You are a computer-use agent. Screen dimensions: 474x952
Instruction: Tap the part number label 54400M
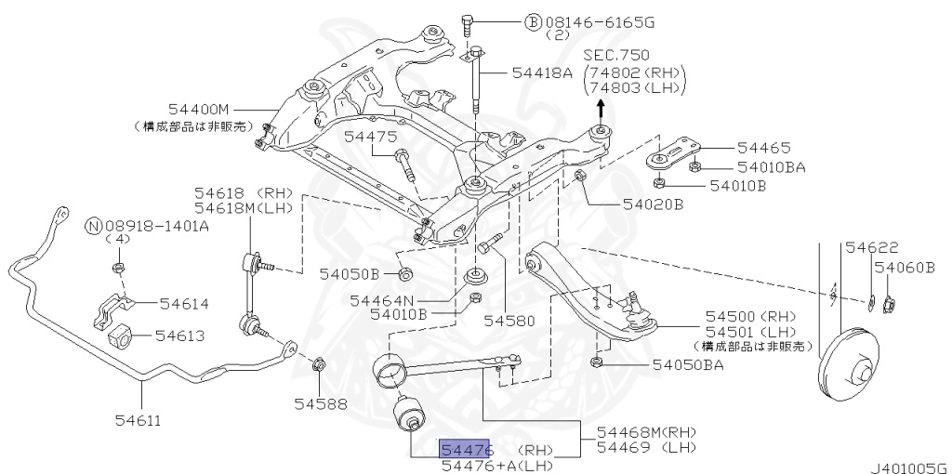[x=198, y=110]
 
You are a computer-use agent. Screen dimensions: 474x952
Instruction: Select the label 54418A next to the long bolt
[x=542, y=72]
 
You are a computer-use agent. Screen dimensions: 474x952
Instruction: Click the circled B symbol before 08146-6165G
[x=533, y=20]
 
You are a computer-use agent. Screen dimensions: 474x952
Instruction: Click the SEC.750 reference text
[x=616, y=56]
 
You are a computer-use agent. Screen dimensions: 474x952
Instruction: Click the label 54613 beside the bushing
[x=180, y=336]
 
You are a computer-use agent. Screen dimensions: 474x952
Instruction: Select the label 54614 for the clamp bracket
[x=184, y=304]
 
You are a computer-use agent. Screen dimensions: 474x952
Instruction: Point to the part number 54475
[x=370, y=137]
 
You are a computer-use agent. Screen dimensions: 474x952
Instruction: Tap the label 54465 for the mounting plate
[x=764, y=147]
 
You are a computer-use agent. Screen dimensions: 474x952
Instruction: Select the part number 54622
[x=872, y=248]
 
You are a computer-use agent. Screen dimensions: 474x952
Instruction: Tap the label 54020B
[x=648, y=203]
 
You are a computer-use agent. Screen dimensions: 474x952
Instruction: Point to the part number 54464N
[x=381, y=300]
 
